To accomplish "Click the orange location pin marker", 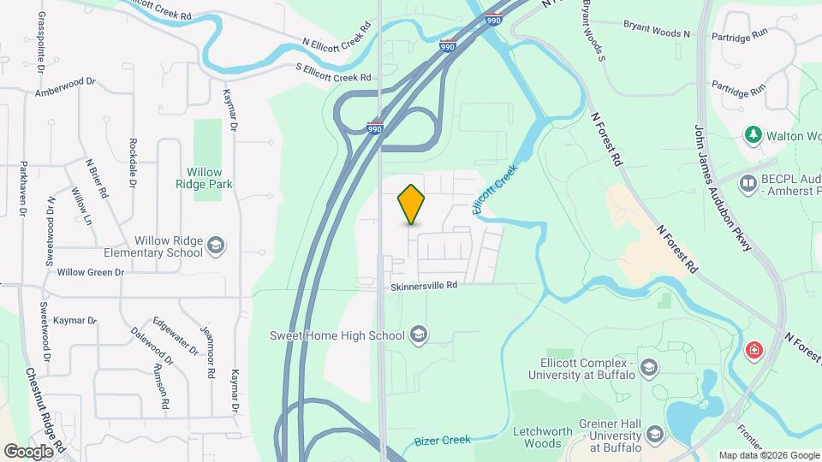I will coord(412,204).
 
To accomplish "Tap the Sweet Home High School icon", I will coord(420,334).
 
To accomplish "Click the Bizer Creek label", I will coord(443,440).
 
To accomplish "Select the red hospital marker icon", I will coord(754,350).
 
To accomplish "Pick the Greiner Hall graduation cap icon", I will coord(655,434).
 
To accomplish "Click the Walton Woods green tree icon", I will coord(753,134).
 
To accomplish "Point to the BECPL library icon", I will coord(749,183).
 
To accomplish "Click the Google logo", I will coord(28,451).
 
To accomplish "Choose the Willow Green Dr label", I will coord(90,272).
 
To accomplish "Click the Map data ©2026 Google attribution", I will coord(768,455).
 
